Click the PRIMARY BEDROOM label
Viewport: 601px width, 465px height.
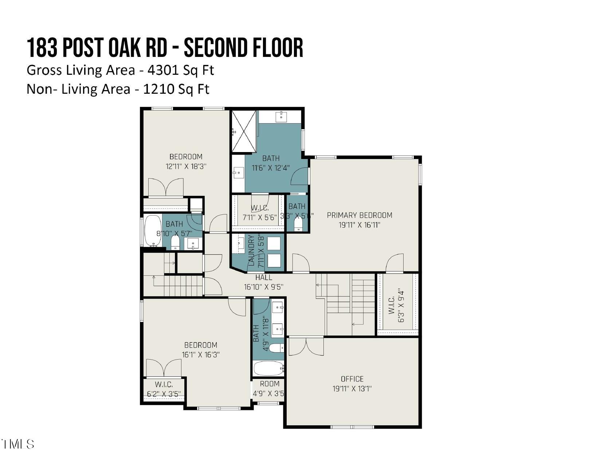click(x=360, y=215)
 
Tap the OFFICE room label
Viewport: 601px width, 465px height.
click(x=352, y=379)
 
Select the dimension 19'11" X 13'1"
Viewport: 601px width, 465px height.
click(x=352, y=389)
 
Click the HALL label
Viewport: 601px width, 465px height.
click(x=263, y=278)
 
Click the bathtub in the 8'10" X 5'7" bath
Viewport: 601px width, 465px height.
click(x=153, y=230)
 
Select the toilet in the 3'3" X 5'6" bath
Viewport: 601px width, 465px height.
click(x=298, y=224)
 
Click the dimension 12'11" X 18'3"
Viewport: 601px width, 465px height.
click(x=186, y=167)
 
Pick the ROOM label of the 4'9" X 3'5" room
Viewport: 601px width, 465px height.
click(x=270, y=384)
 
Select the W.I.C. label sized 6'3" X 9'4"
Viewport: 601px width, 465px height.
click(x=392, y=305)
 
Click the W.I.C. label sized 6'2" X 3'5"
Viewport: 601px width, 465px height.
click(x=164, y=384)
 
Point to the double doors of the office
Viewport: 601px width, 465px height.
click(x=306, y=346)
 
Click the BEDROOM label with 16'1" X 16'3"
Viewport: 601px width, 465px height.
click(x=200, y=345)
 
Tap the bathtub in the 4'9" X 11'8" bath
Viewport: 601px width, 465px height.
click(x=268, y=368)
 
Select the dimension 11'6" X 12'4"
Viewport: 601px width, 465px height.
click(x=271, y=168)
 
